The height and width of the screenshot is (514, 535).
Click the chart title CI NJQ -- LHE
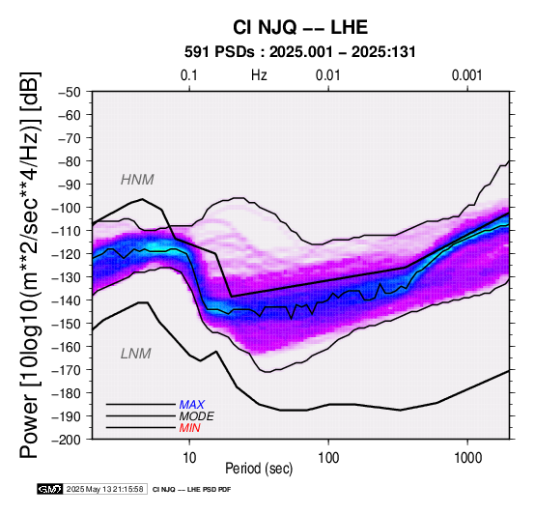(300, 27)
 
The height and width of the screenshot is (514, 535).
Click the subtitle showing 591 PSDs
(300, 52)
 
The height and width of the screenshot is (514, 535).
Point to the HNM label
(137, 180)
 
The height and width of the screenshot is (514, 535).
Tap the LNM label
(136, 354)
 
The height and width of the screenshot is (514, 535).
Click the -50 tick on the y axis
(69, 92)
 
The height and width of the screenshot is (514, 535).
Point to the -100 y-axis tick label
(67, 208)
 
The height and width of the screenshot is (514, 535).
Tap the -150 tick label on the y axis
(67, 324)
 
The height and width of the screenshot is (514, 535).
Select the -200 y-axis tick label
(67, 440)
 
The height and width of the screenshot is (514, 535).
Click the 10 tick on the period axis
(189, 458)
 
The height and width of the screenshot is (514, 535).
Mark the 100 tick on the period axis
(328, 458)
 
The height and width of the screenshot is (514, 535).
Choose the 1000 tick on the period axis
(467, 458)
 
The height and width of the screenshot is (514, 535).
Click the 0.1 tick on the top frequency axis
(189, 75)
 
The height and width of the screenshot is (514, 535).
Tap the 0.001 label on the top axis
(467, 75)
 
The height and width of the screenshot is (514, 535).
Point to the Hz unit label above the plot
(259, 75)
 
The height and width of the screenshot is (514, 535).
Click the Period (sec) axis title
(259, 469)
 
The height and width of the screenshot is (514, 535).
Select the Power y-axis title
(30, 265)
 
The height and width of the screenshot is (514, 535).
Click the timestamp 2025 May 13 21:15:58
(104, 489)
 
